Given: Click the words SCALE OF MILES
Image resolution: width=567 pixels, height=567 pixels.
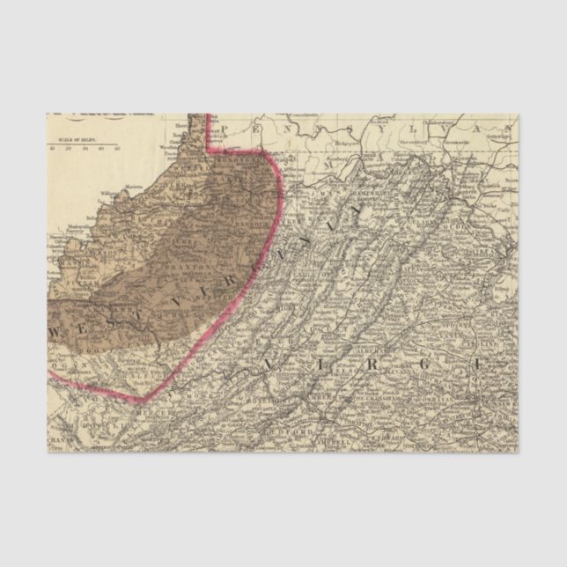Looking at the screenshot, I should tap(76, 140).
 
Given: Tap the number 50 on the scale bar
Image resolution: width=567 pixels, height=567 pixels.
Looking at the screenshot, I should tap(117, 149).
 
